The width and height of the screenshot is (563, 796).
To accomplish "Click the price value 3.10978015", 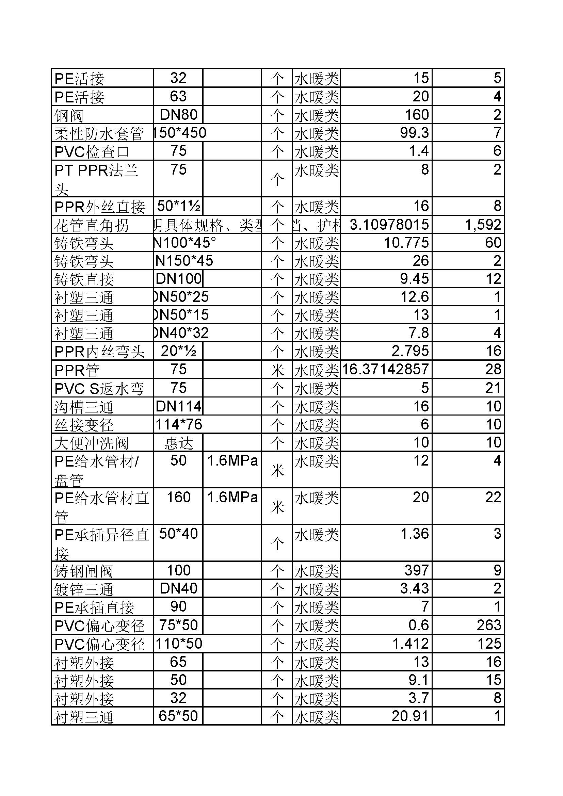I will click(x=389, y=224).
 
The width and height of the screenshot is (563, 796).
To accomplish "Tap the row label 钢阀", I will click(x=69, y=115).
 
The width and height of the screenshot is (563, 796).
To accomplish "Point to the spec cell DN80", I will click(x=179, y=114).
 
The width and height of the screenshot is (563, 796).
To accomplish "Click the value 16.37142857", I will click(x=386, y=369).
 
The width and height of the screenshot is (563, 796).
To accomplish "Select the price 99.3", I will click(x=414, y=133).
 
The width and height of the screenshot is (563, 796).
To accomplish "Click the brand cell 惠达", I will click(x=179, y=443).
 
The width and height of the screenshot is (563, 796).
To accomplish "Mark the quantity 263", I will click(x=489, y=625).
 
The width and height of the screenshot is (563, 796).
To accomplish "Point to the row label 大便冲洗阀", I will click(x=92, y=443).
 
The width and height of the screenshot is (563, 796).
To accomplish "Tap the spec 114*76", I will click(x=179, y=424).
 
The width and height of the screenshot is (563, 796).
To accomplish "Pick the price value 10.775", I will click(x=406, y=242).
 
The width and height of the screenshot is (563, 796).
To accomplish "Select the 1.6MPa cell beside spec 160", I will click(x=232, y=498).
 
